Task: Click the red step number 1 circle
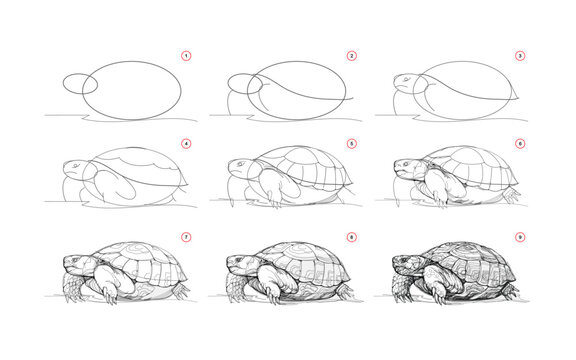coord(186,56)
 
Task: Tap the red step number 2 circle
coord(351,56)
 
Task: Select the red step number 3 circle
coord(517,56)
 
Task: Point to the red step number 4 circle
coord(186,144)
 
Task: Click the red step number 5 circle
coord(351,144)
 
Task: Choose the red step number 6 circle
coord(517,144)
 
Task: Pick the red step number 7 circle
coord(186,237)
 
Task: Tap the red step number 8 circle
coord(351,237)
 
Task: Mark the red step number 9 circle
coord(517,237)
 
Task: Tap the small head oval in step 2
coord(243,83)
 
